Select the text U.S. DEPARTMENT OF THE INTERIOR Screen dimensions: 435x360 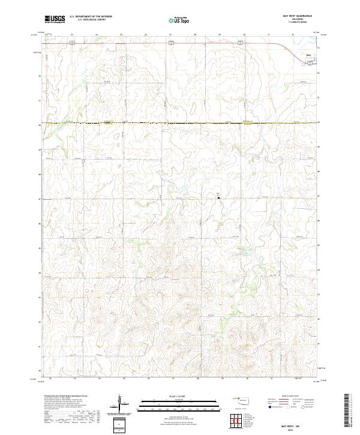pyautogui.click(x=91, y=17)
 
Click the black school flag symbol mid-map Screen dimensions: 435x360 pyautogui.click(x=218, y=196)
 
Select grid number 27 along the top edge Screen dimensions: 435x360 pyautogui.click(x=170, y=35)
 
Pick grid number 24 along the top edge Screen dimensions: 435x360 pyautogui.click(x=97, y=35)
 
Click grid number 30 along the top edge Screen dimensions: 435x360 pyautogui.click(x=244, y=35)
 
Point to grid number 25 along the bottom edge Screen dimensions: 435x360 pyautogui.click(x=123, y=379)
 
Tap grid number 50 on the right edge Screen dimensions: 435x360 pyautogui.click(x=319, y=123)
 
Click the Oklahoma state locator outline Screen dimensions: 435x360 pyautogui.click(x=242, y=400)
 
